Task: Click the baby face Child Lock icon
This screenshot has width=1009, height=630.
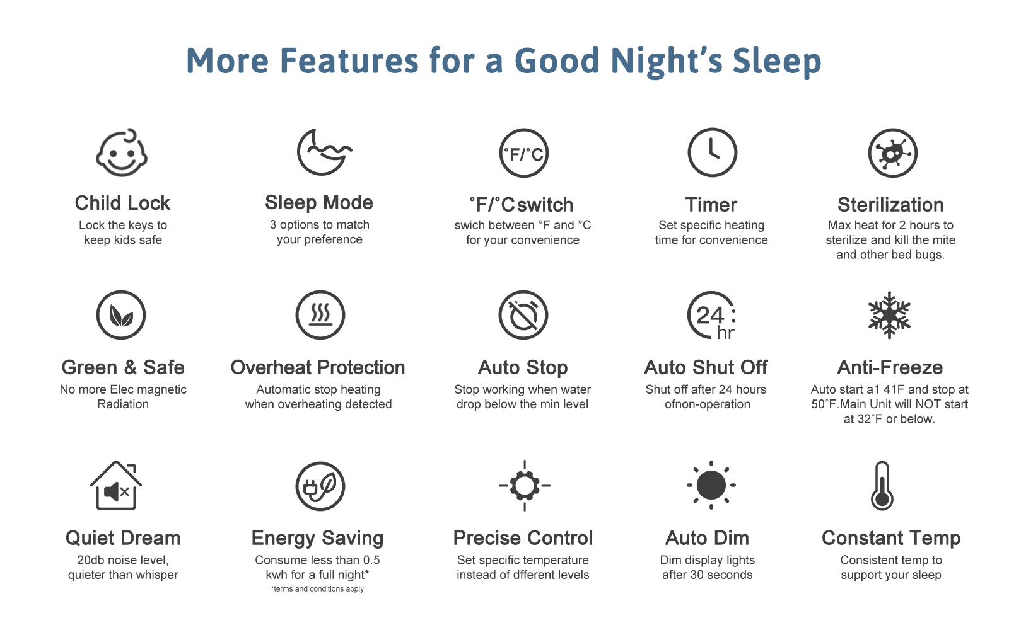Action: point(122,152)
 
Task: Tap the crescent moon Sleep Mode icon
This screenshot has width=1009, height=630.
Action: point(324,152)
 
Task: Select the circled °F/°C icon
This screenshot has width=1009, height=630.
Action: point(524,154)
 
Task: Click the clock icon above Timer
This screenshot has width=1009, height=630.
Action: point(712,152)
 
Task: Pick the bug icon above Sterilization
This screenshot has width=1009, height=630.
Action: point(892,153)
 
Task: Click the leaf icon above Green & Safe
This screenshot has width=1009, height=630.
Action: point(120,315)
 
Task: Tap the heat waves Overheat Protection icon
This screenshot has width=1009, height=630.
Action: point(320,315)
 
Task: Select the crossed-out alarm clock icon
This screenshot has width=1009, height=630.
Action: point(523,315)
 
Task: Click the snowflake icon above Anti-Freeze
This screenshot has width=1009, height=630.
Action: point(889,315)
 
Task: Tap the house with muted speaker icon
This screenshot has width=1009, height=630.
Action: point(116,486)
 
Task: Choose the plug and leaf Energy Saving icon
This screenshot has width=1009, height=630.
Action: point(320,486)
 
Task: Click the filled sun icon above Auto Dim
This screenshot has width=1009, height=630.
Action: point(711,485)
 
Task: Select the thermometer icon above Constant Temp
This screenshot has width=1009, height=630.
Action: point(882,486)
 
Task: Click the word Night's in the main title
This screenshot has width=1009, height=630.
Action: point(667,60)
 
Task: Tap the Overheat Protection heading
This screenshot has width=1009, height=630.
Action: point(318,368)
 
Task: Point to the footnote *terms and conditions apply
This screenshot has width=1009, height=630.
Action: point(318,589)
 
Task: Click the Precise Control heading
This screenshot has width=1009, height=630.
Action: point(523,538)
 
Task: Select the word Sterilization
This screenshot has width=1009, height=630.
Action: point(890,205)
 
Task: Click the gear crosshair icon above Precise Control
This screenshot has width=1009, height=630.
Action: point(524,486)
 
